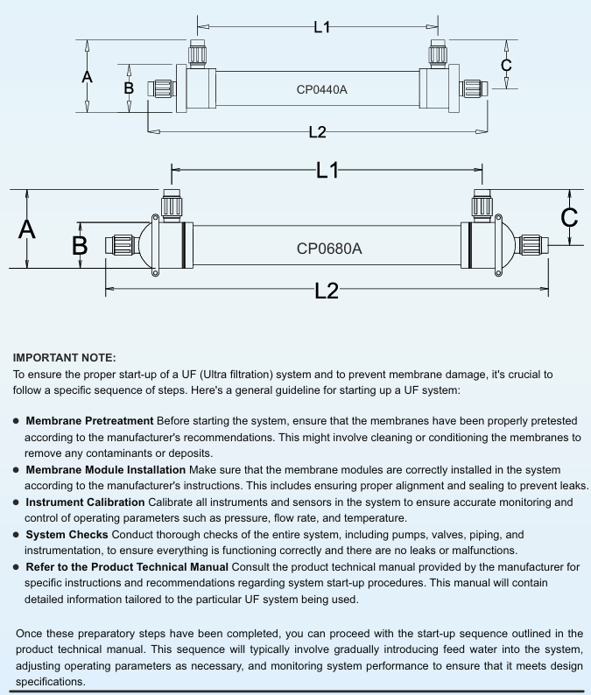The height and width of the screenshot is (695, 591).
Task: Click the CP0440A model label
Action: pos(321,88)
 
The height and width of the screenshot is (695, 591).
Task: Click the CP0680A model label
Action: pos(328,249)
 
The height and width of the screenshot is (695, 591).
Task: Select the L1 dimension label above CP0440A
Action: pos(321,27)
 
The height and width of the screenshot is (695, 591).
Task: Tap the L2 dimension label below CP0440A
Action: pos(317,132)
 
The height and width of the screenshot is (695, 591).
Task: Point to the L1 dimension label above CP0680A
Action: pos(327,171)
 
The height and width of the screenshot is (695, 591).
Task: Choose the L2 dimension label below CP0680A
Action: pos(326,291)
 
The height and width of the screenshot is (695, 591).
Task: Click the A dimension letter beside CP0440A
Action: pos(87,77)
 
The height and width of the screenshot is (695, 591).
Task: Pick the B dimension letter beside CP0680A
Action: pos(80,246)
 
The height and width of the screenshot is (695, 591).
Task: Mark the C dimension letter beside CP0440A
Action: pos(505,66)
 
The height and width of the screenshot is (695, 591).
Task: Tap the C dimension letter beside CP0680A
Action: pos(569,217)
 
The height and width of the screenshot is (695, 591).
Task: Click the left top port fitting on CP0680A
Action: pos(172,207)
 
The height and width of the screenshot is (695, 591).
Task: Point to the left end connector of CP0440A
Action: pos(162,88)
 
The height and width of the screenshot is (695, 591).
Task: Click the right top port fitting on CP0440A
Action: pos(437,54)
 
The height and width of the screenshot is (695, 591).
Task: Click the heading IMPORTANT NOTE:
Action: pos(64,357)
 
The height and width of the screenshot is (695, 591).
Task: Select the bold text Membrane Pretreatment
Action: pos(89,421)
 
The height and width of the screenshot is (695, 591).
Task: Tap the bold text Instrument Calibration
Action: pos(85,502)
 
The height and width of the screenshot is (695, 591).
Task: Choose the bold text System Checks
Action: pos(67,534)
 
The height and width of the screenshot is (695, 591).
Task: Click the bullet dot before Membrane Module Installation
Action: pos(17,470)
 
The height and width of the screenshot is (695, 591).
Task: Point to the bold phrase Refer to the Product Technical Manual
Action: pos(127,567)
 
